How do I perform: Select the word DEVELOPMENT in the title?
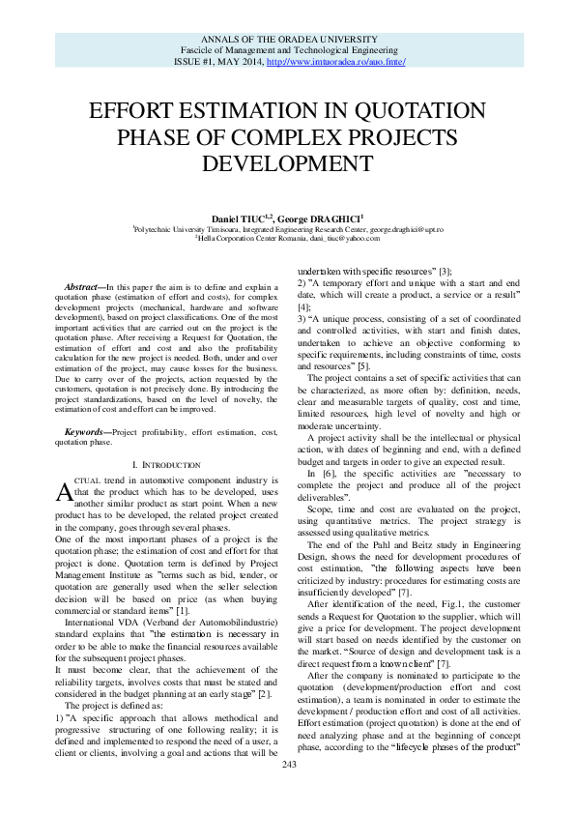click(288, 160)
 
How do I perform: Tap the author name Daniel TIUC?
click(244, 219)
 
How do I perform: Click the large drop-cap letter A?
click(63, 493)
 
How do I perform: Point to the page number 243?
click(288, 792)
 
